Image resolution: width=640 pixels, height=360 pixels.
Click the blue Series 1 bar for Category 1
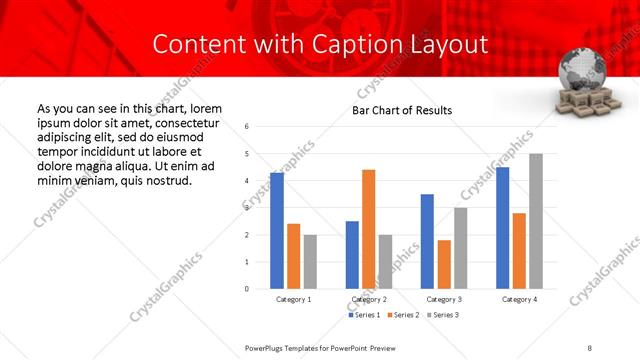click(277, 231)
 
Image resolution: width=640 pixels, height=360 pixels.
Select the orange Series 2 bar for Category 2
click(369, 229)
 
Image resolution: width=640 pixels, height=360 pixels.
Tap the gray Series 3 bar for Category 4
click(536, 221)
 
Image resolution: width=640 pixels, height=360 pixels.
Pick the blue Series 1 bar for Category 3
click(427, 241)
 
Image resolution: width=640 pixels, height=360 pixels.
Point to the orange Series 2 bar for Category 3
click(444, 264)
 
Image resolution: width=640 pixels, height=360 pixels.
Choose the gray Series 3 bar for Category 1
click(310, 261)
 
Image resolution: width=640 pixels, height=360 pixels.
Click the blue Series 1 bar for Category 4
click(502, 228)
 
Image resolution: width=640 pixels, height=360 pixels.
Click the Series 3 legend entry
click(444, 316)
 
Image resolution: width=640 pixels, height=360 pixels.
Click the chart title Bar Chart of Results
click(402, 110)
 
